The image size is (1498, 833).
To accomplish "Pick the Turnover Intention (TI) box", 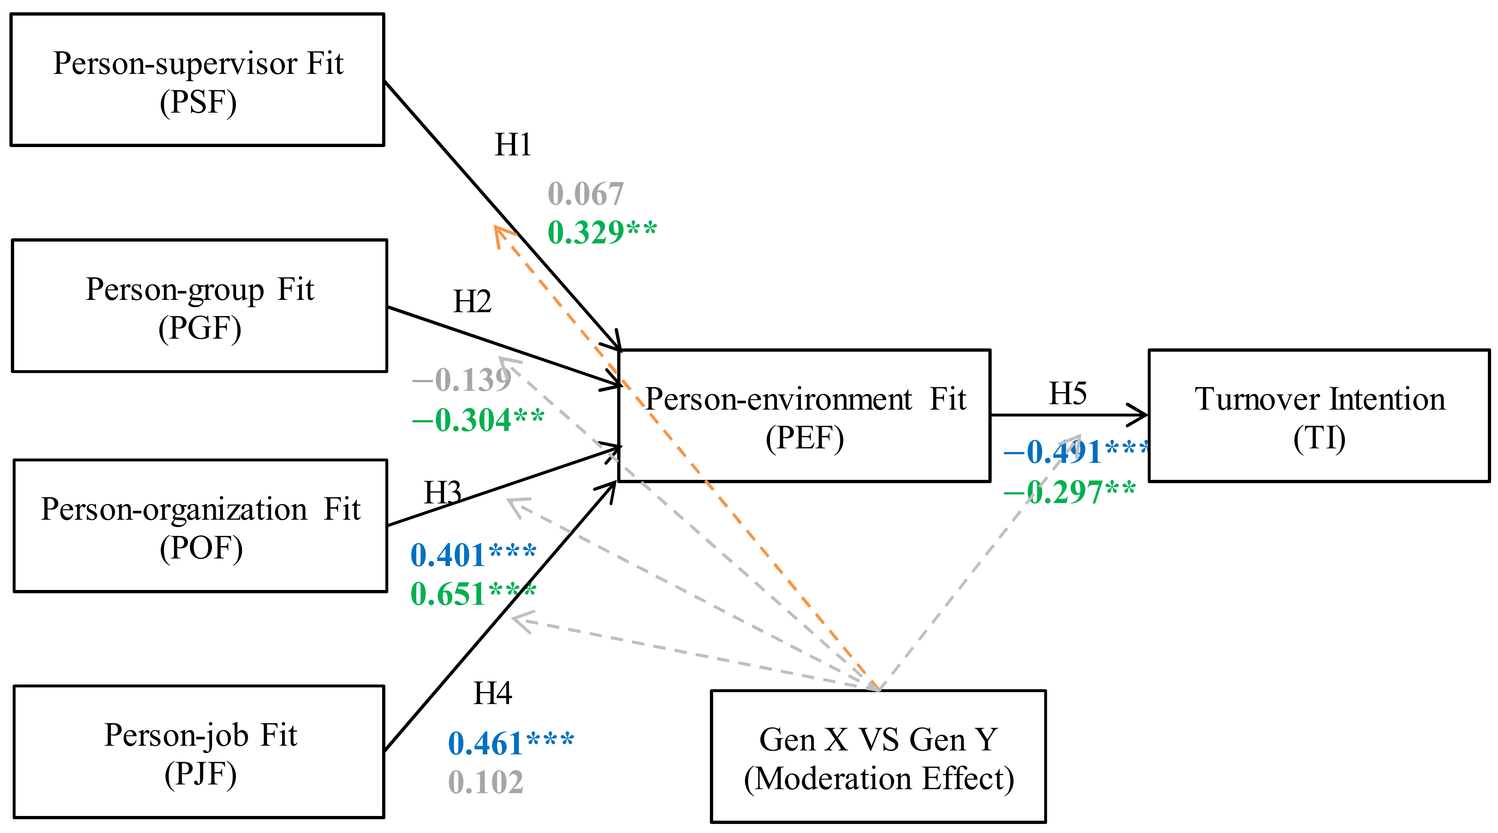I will pos(1319,416).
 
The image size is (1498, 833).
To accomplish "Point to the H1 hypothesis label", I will pos(512,145).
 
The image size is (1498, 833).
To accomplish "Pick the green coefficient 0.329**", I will pos(602,233).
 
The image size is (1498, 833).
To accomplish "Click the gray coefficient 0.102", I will pos(486,782).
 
